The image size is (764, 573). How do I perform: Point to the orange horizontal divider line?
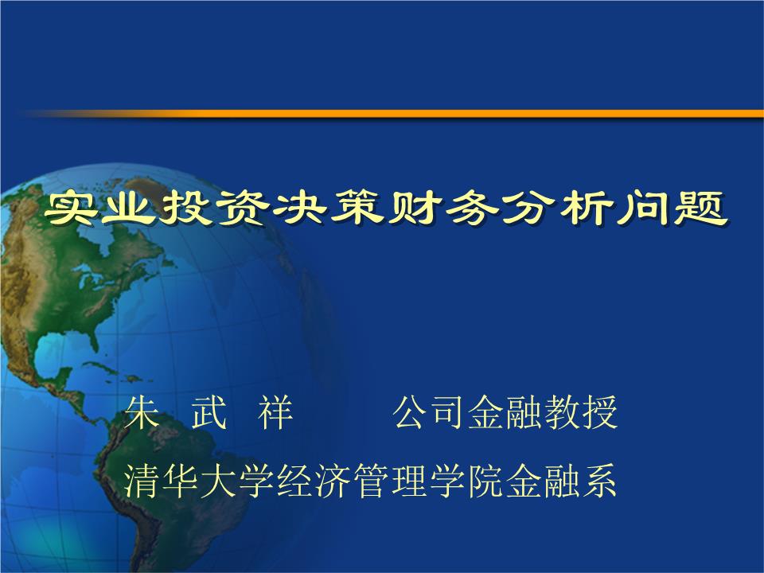tap(398, 114)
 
